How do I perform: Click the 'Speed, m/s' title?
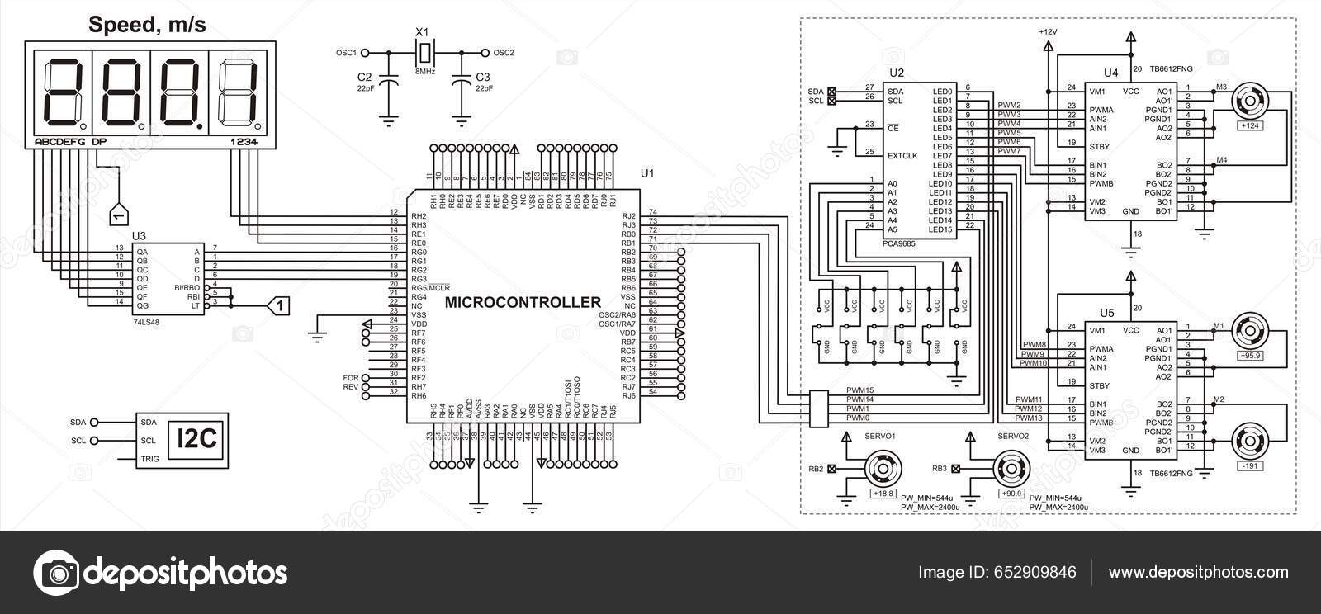(x=147, y=26)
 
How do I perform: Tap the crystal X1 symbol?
(x=424, y=53)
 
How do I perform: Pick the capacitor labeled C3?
(x=461, y=83)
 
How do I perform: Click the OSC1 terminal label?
(x=345, y=53)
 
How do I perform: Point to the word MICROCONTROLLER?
(x=523, y=302)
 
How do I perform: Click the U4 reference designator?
(x=1110, y=73)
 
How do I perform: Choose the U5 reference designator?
(x=1107, y=314)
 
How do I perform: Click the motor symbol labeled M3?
(x=1249, y=104)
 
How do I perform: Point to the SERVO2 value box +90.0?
(x=1012, y=494)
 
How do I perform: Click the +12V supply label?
(x=1047, y=31)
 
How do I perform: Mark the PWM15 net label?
(x=859, y=390)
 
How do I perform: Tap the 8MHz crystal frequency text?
(x=424, y=73)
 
